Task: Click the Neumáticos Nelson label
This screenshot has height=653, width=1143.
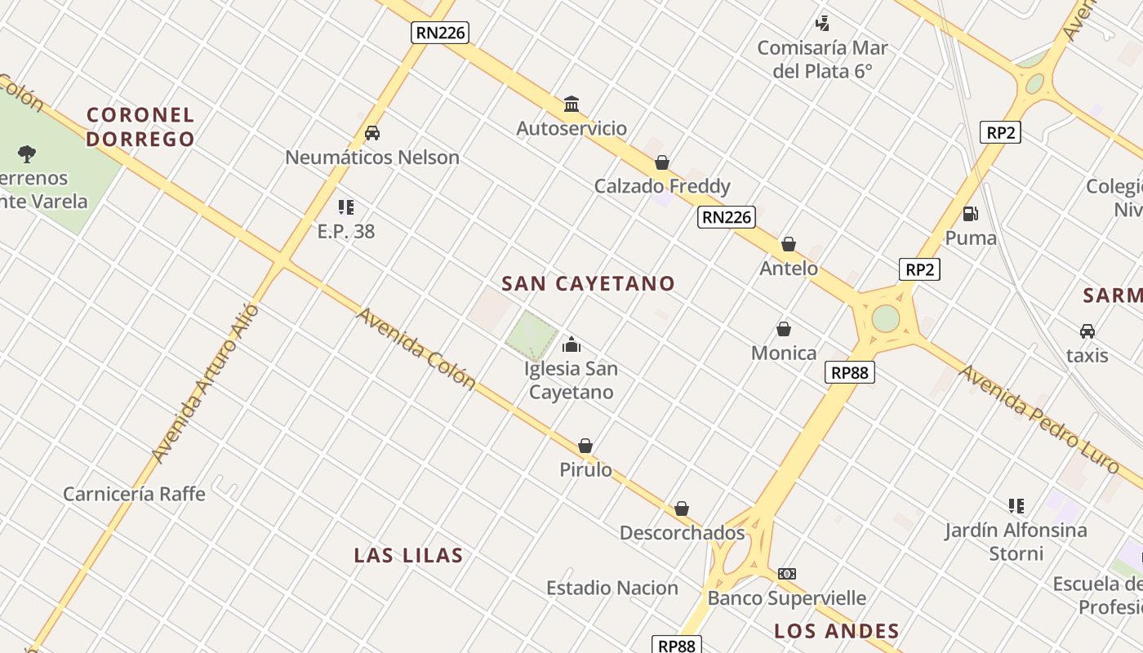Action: pos(372,158)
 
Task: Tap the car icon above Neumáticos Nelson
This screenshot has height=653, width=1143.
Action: pos(372,133)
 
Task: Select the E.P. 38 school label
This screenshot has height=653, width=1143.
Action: pos(346,232)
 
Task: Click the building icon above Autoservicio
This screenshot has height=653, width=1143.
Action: pos(571,104)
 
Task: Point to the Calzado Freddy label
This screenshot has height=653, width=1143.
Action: pos(662,186)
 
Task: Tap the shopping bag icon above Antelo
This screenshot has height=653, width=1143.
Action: pos(789,244)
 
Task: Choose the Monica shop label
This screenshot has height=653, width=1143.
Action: pos(784,353)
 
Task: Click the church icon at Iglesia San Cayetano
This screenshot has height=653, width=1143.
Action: pos(571,344)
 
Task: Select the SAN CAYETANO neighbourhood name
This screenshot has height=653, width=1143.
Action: pos(588,284)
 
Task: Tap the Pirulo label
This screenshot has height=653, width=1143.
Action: pos(585,470)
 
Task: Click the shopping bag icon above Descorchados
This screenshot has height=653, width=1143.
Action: pos(682,509)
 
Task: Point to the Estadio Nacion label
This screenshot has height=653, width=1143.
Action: pos(612,589)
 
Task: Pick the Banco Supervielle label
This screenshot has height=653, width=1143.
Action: pos(786,598)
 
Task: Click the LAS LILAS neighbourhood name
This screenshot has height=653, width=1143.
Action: pos(408,556)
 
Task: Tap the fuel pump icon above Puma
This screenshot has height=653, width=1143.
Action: pos(971,215)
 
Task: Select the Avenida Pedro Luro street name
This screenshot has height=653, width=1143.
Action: pos(1038,420)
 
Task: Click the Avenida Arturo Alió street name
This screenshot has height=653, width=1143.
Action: pos(205,384)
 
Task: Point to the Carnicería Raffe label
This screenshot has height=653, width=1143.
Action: pos(134,494)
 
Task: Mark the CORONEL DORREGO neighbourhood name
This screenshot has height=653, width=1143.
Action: pos(140,127)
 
